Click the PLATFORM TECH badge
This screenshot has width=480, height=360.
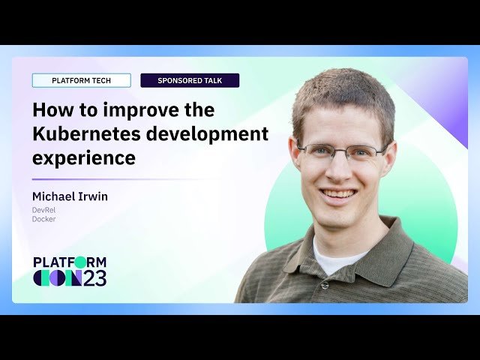tap(81, 80)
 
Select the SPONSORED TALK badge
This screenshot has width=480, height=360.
tap(190, 80)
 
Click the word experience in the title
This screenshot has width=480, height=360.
tap(83, 158)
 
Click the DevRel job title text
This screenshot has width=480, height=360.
tap(43, 210)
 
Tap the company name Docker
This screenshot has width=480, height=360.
tap(43, 219)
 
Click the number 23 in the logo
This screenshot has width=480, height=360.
tap(94, 278)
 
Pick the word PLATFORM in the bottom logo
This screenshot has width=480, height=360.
tap(70, 262)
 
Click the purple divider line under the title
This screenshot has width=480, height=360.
tap(112, 179)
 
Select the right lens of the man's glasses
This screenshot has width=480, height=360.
tap(364, 154)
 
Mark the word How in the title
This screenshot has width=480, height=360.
tap(48, 110)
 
